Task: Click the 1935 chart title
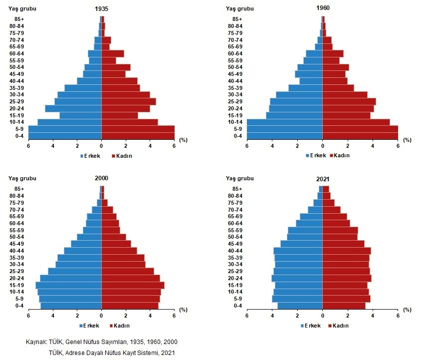[x=101, y=9]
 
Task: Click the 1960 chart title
[x=322, y=8]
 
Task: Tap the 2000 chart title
[x=101, y=178]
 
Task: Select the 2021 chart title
[x=322, y=178]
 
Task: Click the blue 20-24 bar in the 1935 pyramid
[x=73, y=108]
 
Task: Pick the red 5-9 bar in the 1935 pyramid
[x=138, y=129]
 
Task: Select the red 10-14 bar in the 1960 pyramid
[x=356, y=122]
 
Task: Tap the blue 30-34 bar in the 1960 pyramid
[x=299, y=95]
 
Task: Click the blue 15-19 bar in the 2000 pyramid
[x=68, y=285]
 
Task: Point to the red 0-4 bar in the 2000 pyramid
[x=130, y=306]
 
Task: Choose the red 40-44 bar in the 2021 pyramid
[x=346, y=251]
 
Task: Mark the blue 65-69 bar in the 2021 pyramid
[x=311, y=216]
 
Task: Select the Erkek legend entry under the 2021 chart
[x=315, y=326]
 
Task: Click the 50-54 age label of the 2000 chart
[x=16, y=237]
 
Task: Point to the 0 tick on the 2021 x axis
[x=322, y=315]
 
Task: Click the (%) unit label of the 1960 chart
[x=407, y=140]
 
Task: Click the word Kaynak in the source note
[x=35, y=342]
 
